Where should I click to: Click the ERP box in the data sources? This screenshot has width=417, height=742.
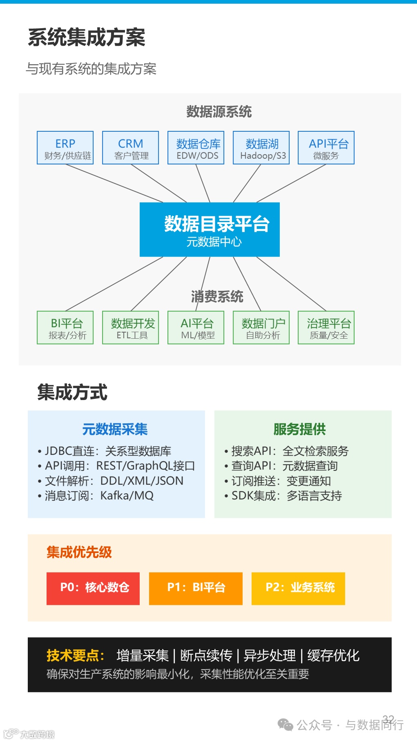coord(65,148)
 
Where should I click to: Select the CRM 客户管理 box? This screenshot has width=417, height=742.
coord(130,148)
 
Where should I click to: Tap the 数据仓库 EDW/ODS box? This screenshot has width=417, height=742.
coord(196,148)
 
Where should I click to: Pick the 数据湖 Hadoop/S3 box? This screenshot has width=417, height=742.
coord(261,148)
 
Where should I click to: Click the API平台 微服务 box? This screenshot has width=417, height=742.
coord(326,148)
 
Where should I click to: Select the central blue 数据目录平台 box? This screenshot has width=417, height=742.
coord(210,229)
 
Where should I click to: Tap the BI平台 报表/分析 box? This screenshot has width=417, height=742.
coord(65,328)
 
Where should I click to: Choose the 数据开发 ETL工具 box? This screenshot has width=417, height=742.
coord(130,328)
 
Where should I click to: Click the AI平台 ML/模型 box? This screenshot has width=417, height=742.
coord(196,328)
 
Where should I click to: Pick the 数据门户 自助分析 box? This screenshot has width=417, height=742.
coord(261,328)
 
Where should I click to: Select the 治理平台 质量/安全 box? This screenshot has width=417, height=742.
coord(326,328)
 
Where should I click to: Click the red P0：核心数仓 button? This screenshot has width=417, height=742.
coord(93,588)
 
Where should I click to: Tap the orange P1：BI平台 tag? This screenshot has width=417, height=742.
coord(196,588)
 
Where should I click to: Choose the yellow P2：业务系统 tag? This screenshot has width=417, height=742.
coord(298,588)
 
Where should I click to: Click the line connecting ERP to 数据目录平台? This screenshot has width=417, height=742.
coord(114,183)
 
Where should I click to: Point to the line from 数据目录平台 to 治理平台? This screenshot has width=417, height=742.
coord(291,284)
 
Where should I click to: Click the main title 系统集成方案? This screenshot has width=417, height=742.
coord(87,37)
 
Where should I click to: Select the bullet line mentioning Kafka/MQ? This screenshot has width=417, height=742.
coord(99,496)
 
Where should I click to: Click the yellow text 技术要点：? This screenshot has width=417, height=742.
coord(76,655)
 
